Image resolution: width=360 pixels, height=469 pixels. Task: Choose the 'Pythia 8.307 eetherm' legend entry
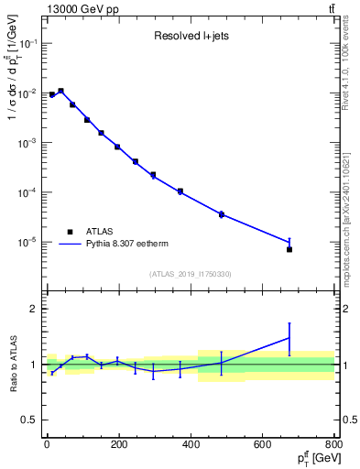pos(125,245)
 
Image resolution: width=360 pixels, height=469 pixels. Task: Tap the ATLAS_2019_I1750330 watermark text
pos(190,274)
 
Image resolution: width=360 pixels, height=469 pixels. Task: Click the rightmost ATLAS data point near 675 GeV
pos(289,249)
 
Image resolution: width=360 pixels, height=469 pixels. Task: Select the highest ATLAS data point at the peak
pos(60,91)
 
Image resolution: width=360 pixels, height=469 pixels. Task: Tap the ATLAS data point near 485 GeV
pos(221,214)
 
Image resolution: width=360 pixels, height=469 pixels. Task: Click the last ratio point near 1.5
pos(289,338)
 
